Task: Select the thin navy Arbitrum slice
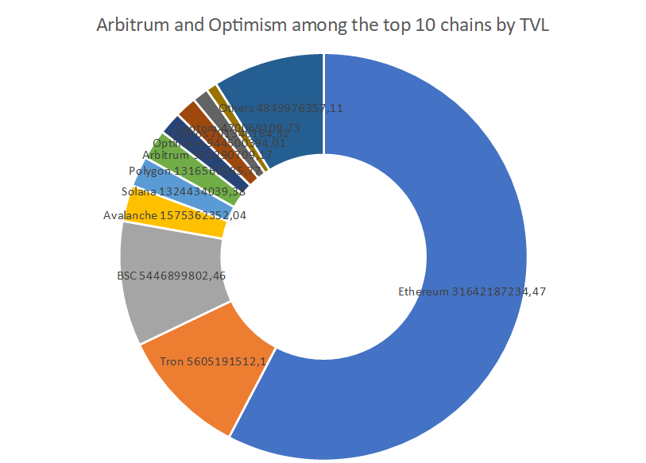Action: (x=173, y=127)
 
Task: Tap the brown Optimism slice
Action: (x=188, y=112)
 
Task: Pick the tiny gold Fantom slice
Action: (x=212, y=91)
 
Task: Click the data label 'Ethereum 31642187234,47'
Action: (x=472, y=291)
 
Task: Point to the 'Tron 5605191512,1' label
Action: (x=213, y=361)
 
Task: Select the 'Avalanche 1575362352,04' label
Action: (x=175, y=215)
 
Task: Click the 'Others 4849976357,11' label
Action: (x=280, y=108)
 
